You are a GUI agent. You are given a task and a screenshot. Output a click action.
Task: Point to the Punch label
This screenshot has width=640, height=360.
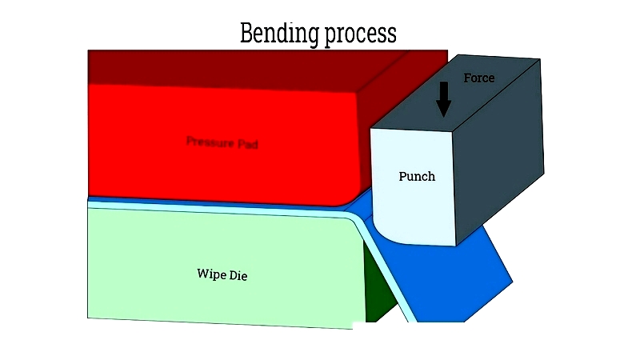(417, 176)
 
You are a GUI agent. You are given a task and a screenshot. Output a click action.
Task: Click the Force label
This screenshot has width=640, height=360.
(479, 78)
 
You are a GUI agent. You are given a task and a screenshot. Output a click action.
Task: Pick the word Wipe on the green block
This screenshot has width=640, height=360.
(211, 274)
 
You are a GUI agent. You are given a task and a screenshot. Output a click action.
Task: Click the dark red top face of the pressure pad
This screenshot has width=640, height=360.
(240, 68)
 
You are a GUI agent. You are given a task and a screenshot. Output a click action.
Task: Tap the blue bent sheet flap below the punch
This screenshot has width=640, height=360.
(456, 280)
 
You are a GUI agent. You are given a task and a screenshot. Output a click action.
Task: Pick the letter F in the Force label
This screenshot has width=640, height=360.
(467, 78)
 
